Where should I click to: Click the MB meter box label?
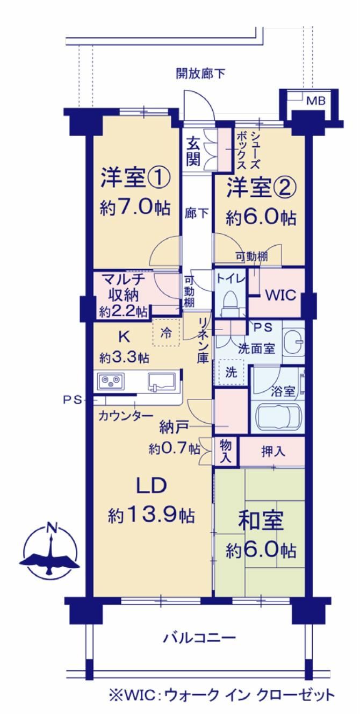coord(316,101)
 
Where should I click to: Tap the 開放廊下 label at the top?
coord(200,74)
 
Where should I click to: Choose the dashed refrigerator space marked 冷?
coord(166,332)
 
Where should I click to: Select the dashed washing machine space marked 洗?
coord(231,372)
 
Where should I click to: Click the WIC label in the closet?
coord(281,295)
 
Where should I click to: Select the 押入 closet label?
coord(273,452)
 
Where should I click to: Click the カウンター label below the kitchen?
coord(126,416)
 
